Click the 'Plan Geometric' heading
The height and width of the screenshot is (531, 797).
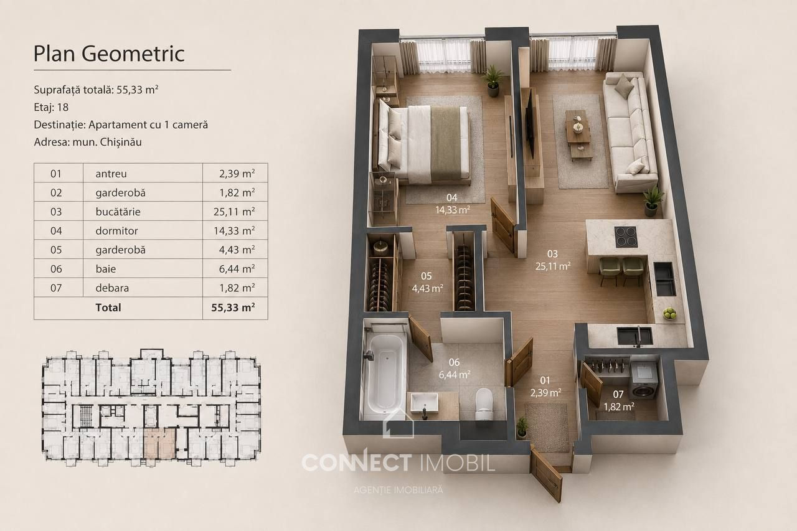coord(109,54)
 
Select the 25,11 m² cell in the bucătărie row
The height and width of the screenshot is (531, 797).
coord(234,212)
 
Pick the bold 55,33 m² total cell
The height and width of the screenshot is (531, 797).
coord(233,308)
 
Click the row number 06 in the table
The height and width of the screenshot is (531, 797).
coord(56,269)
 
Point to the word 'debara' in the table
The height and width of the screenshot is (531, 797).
coord(112,288)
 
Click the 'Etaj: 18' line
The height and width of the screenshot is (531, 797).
coord(51,107)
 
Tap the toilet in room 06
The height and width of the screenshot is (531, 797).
coord(484,404)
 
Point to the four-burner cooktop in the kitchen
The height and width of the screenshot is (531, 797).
coord(626,237)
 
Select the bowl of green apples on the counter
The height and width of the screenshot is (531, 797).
coord(669,313)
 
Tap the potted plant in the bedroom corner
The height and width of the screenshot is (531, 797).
coord(493,81)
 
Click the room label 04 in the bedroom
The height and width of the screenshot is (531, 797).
coord(452,197)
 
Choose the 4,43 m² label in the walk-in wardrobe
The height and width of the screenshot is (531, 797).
coord(427,288)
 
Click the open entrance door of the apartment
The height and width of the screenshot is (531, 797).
coord(546,475)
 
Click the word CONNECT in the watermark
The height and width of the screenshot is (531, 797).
coord(357,463)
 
